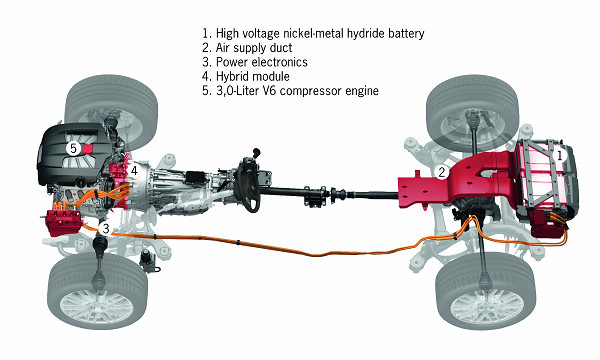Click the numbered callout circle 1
pyautogui.click(x=559, y=156)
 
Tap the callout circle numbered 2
pyautogui.click(x=442, y=172)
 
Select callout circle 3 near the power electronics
pyautogui.click(x=105, y=229)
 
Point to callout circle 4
pyautogui.click(x=134, y=171)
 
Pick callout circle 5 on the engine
pyautogui.click(x=73, y=148)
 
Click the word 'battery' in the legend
pyautogui.click(x=406, y=33)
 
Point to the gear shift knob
pyautogui.click(x=257, y=152)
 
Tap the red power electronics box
pyautogui.click(x=64, y=222)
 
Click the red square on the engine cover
pyautogui.click(x=88, y=149)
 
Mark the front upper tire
pyautogui.click(x=111, y=111)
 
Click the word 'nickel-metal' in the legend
pyautogui.click(x=314, y=33)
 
